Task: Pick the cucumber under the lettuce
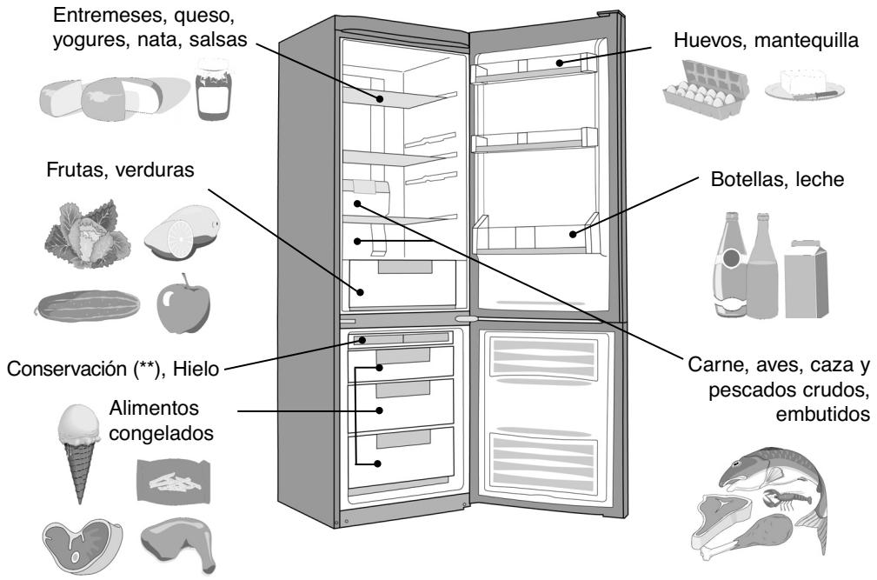[77, 307]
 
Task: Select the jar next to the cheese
[212, 90]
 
